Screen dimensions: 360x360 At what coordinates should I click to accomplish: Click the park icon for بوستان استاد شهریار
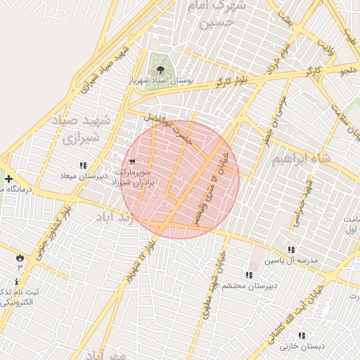161,69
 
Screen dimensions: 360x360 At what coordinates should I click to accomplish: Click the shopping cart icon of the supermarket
132,161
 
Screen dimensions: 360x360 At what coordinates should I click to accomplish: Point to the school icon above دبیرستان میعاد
83,166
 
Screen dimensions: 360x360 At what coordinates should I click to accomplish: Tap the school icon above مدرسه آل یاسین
291,250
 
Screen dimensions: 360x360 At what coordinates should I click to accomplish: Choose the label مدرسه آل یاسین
291,261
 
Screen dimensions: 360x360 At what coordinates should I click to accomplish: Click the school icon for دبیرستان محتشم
248,275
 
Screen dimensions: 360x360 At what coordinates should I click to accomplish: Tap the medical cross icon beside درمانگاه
8,179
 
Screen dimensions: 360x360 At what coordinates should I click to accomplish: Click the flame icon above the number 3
20,258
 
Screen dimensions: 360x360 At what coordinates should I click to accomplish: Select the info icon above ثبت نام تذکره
16,282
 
